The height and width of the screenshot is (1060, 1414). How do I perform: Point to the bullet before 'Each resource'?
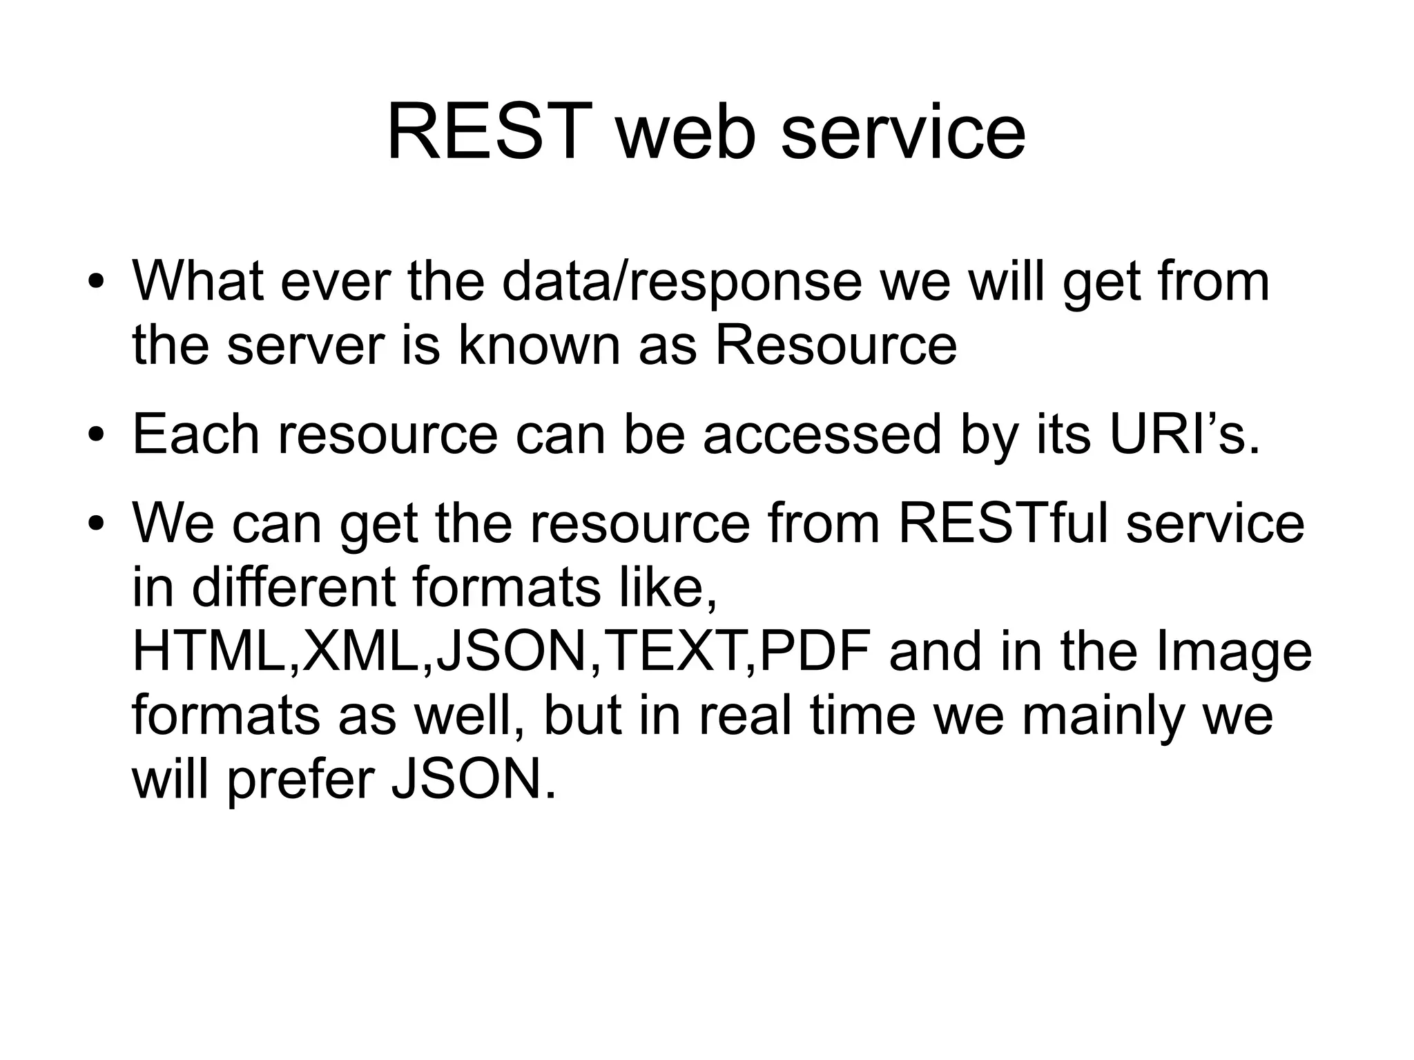point(96,435)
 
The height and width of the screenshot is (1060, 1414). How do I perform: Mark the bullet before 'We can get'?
point(96,523)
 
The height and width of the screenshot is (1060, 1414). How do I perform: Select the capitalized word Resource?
point(835,345)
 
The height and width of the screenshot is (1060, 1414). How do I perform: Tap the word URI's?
point(1183,435)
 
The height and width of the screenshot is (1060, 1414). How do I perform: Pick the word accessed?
point(822,435)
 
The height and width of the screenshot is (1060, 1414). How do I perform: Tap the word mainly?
point(1102,715)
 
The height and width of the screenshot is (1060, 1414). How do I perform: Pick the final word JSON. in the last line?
point(474,780)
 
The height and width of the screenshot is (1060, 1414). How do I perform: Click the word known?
point(539,345)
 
